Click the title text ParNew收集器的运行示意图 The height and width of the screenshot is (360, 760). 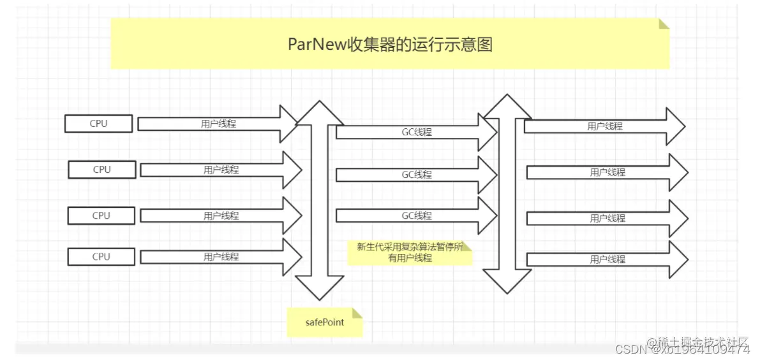click(390, 45)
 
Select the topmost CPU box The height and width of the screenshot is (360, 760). click(98, 124)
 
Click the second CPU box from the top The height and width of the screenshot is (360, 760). click(102, 170)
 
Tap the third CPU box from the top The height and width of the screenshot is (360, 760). click(101, 216)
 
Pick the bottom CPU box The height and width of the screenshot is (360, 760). click(101, 257)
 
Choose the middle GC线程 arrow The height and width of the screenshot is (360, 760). click(416, 174)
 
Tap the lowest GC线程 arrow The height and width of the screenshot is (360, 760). click(416, 216)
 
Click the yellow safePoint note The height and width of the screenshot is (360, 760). click(324, 322)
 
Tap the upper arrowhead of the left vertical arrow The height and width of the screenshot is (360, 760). click(319, 114)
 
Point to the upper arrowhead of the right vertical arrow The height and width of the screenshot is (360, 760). click(507, 107)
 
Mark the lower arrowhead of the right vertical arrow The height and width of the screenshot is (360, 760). click(507, 281)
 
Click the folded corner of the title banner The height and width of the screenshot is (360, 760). click(664, 24)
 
